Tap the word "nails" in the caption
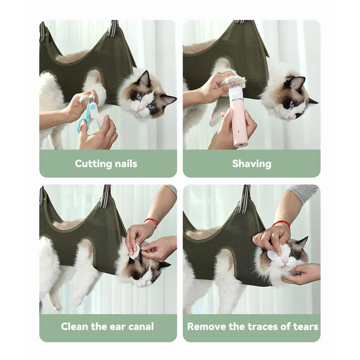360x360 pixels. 126,164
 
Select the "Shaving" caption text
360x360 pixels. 252,164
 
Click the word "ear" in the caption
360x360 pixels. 116,327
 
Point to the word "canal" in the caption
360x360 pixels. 141,326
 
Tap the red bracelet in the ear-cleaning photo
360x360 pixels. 152,222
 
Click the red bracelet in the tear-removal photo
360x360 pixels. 282,224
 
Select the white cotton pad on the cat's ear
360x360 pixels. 134,252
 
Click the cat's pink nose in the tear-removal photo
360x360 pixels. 285,262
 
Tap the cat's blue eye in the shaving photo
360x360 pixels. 292,104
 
